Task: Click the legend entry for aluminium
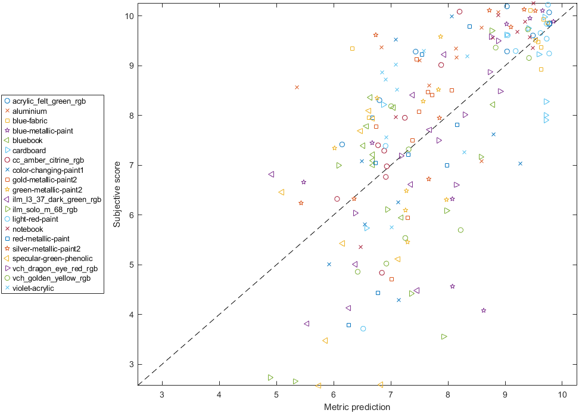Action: tap(29, 111)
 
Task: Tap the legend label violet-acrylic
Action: tap(33, 288)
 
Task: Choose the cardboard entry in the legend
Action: tap(29, 150)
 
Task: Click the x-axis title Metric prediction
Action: tap(357, 407)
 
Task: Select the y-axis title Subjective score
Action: tap(117, 194)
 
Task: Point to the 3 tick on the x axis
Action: tap(162, 394)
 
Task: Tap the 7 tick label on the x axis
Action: tap(391, 394)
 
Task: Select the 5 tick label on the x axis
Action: tap(276, 394)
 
